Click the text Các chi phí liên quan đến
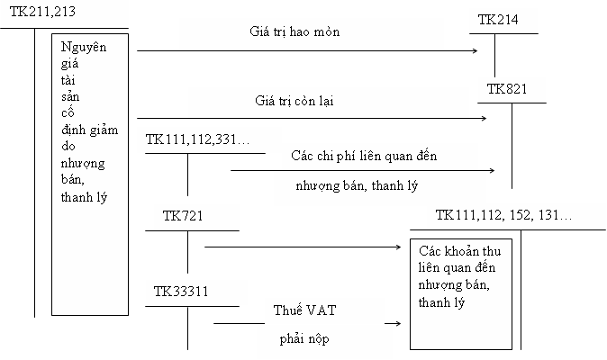[x=364, y=156]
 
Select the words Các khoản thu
[x=456, y=252]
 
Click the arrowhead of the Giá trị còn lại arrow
[x=484, y=118]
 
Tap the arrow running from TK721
[x=302, y=245]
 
